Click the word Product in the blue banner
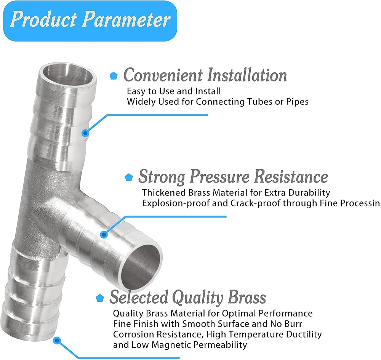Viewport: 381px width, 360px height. [x=44, y=19]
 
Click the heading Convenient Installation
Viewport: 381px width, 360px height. [x=205, y=75]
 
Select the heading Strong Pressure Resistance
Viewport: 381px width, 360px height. [x=233, y=176]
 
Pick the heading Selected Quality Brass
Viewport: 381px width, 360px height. [x=187, y=297]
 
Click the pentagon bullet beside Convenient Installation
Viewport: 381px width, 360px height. [x=114, y=76]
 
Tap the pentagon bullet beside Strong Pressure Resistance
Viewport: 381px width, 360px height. [x=129, y=177]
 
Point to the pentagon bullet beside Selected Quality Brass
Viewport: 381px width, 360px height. [x=100, y=298]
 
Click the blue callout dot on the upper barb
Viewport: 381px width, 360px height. [x=85, y=133]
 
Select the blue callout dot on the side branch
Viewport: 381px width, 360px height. [x=104, y=235]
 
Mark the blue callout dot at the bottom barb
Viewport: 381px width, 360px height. [x=57, y=341]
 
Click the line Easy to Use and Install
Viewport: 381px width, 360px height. [x=174, y=91]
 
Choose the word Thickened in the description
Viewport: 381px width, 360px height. [x=164, y=193]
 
